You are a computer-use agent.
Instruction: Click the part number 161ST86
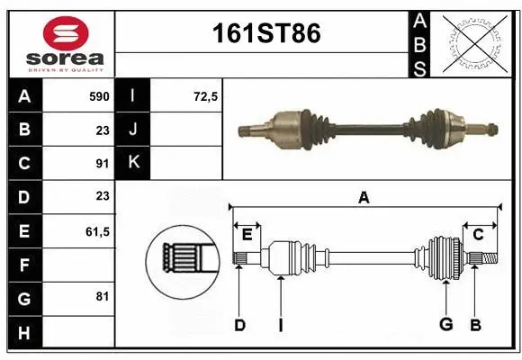[265, 34]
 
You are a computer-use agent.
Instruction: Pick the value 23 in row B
[103, 130]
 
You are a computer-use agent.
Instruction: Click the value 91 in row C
[103, 164]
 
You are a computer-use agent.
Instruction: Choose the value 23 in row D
[103, 197]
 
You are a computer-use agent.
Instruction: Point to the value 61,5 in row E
[97, 231]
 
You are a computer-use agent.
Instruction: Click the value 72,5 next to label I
[206, 95]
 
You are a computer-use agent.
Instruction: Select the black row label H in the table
[24, 333]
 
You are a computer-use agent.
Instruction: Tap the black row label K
[133, 163]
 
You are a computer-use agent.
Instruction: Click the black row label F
[24, 265]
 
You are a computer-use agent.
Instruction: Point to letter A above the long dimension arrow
[364, 197]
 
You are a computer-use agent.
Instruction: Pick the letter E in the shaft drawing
[247, 235]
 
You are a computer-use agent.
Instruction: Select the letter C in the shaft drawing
[478, 235]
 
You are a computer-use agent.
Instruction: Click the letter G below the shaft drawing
[445, 324]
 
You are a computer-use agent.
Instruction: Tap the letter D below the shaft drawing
[239, 324]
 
